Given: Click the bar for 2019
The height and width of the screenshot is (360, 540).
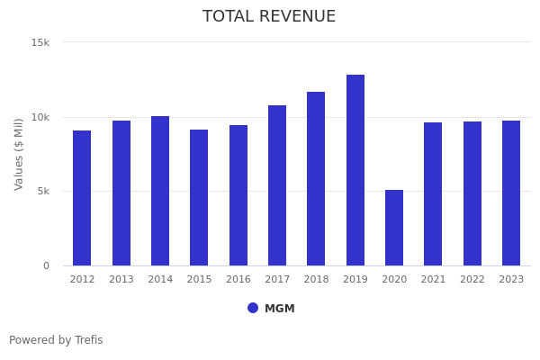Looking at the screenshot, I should pyautogui.click(x=355, y=170).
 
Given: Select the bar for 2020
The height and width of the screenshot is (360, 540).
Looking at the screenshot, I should pyautogui.click(x=394, y=228).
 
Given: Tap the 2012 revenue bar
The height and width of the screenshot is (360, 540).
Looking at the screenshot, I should pyautogui.click(x=82, y=198).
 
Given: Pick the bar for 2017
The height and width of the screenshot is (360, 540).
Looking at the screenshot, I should pyautogui.click(x=277, y=185).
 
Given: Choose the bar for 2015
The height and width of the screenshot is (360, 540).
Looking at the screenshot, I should pyautogui.click(x=199, y=197).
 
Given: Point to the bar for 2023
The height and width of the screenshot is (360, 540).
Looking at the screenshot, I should pyautogui.click(x=511, y=193).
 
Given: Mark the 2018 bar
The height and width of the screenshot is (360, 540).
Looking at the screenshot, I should pyautogui.click(x=316, y=178).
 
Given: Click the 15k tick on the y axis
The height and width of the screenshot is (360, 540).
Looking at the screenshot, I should pyautogui.click(x=40, y=42).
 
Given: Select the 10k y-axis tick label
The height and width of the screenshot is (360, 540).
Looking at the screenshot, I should pyautogui.click(x=40, y=117).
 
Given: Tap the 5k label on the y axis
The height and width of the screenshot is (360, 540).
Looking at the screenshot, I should pyautogui.click(x=42, y=191).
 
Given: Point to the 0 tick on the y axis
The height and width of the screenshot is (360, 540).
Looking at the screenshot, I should pyautogui.click(x=46, y=265).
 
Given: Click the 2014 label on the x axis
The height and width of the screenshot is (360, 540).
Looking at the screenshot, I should pyautogui.click(x=160, y=280).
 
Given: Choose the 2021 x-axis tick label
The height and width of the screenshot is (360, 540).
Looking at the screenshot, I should pyautogui.click(x=433, y=280).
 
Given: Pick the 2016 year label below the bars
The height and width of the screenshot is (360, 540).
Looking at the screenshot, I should pyautogui.click(x=238, y=280).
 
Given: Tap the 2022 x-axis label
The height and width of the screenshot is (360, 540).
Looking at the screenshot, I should pyautogui.click(x=472, y=280).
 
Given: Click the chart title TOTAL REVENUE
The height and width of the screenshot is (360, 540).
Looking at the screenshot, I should pyautogui.click(x=269, y=17).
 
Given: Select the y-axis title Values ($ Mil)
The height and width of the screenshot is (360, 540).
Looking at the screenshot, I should pyautogui.click(x=19, y=154).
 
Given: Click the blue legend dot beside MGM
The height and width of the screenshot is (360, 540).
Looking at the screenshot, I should pyautogui.click(x=253, y=308).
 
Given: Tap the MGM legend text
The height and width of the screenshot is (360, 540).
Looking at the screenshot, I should pyautogui.click(x=280, y=309).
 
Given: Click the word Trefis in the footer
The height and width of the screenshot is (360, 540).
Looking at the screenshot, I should pyautogui.click(x=87, y=340).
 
